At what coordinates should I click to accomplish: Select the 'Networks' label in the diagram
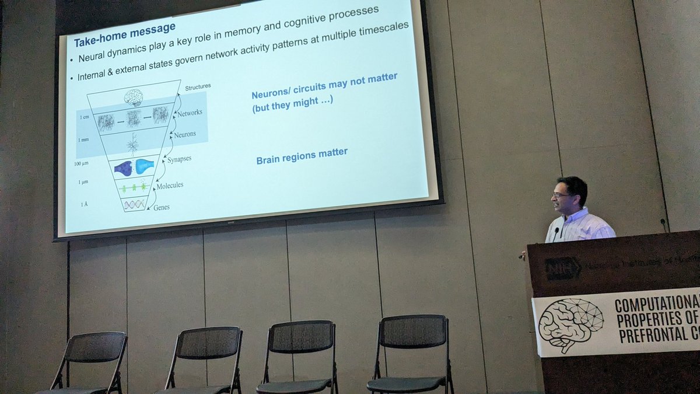(x=190, y=112)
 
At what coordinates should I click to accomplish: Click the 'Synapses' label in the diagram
(x=179, y=159)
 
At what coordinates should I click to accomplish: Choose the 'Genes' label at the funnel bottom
(x=162, y=207)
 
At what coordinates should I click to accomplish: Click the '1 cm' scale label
(x=85, y=117)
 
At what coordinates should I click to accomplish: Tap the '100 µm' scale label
(x=81, y=163)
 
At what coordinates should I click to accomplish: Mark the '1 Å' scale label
(x=83, y=204)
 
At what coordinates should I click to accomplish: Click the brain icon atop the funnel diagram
(x=133, y=97)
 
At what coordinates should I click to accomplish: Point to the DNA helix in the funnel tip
(x=134, y=204)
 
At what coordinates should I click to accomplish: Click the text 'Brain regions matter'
(x=302, y=155)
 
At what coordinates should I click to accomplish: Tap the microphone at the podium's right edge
(x=664, y=224)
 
